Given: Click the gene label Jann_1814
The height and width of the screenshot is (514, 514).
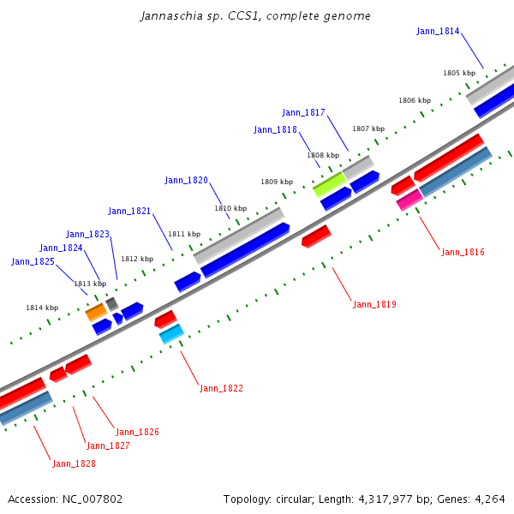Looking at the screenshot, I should click(x=438, y=32).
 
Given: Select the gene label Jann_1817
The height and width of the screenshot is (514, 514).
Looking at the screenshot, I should click(x=303, y=112).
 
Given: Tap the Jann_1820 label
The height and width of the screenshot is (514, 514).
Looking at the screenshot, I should click(x=186, y=180).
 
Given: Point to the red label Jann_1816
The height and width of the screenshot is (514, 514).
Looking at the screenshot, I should click(x=463, y=252).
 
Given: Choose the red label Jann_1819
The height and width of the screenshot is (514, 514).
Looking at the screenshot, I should click(x=374, y=304).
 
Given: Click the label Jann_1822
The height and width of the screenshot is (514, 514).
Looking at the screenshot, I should click(x=221, y=388).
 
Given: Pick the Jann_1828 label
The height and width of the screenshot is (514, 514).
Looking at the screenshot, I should click(x=74, y=463).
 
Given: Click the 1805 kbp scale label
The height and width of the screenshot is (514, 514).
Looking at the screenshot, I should click(x=458, y=73).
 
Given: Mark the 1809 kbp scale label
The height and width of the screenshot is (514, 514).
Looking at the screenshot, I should click(x=277, y=182).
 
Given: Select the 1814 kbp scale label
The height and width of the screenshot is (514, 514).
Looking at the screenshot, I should click(x=42, y=308).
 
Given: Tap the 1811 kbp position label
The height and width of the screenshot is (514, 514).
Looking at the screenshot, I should click(x=184, y=234).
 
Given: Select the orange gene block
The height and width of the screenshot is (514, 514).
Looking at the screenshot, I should click(x=96, y=312).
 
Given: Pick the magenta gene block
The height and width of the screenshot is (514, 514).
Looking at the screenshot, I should click(x=409, y=200).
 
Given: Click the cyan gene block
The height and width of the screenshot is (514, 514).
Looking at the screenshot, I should click(x=171, y=333).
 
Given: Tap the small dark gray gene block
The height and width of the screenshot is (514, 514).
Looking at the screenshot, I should click(x=111, y=304).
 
